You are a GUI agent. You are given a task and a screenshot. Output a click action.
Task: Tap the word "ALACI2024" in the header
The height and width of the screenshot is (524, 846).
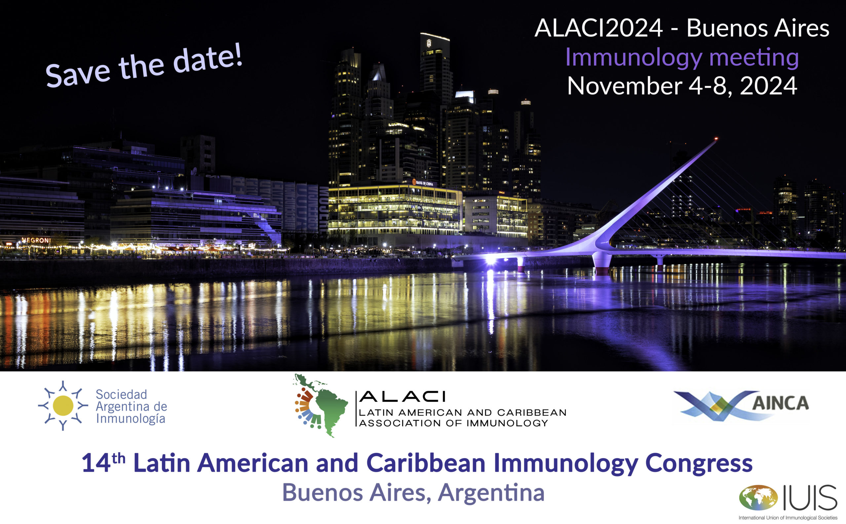598,28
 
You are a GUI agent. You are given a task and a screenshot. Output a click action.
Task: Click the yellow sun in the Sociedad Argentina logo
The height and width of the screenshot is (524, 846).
63,405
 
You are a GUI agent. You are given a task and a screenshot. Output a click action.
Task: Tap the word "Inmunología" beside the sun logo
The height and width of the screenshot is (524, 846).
131,419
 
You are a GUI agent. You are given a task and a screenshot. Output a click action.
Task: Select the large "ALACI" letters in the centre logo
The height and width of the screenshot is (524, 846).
402,397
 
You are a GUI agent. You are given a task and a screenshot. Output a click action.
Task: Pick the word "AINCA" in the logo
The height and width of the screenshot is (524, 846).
780,403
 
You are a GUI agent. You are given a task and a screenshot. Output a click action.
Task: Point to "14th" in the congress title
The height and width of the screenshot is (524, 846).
103,462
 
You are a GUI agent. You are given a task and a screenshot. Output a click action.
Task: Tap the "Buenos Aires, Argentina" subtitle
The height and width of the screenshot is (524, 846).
413,493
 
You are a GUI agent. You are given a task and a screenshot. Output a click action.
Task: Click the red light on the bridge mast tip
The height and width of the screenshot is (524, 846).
716,139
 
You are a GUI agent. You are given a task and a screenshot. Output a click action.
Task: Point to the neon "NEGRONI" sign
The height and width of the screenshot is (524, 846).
36,240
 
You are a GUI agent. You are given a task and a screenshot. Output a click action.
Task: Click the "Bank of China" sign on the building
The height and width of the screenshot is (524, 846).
423,183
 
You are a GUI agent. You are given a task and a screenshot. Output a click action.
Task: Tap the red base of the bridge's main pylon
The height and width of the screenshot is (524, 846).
602,271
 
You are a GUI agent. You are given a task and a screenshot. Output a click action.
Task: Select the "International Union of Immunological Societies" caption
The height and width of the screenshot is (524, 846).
788,518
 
